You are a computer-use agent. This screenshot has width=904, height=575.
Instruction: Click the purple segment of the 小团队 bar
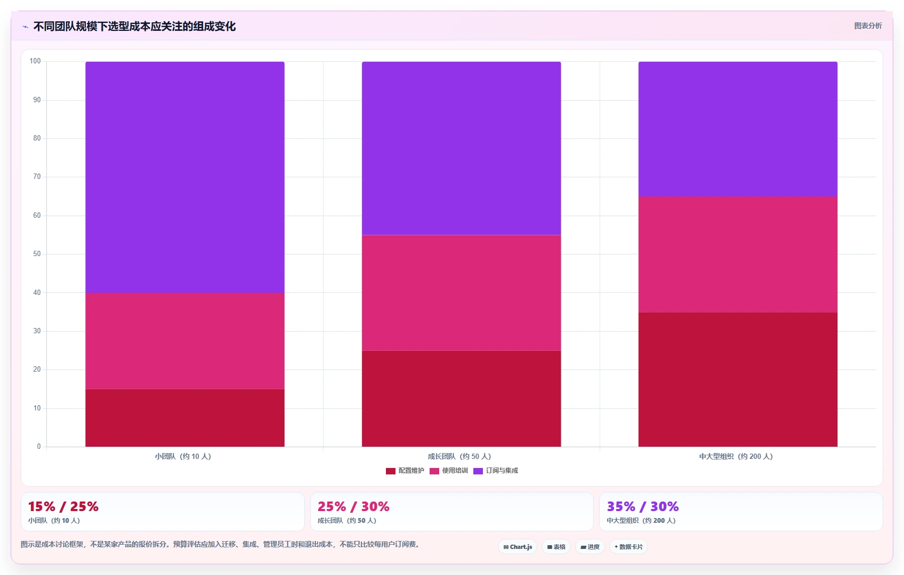[x=185, y=177]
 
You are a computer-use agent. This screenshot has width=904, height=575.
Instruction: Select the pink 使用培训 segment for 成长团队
[x=461, y=293]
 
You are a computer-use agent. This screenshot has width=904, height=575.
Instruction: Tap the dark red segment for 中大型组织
[x=738, y=380]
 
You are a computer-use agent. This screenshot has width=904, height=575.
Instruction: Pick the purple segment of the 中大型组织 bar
[x=738, y=129]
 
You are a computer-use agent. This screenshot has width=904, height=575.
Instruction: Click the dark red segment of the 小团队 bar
[x=185, y=418]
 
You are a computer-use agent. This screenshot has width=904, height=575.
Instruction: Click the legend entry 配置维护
[x=405, y=471]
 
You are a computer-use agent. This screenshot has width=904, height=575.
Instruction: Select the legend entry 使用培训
[x=449, y=471]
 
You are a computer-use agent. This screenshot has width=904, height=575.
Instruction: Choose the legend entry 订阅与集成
[x=496, y=471]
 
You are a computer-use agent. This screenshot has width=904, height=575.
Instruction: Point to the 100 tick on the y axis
[x=35, y=61]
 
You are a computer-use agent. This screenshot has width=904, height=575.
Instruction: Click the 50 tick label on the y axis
[x=37, y=253]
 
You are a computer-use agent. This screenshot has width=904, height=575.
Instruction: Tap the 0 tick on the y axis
[x=39, y=446]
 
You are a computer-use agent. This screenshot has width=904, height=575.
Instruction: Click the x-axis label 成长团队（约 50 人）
[x=459, y=456]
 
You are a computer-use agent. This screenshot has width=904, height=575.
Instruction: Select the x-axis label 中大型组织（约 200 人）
[x=736, y=456]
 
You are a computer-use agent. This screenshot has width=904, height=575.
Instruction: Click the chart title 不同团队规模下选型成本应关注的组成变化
[x=134, y=27]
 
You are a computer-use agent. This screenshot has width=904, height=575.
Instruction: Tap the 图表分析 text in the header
[x=868, y=26]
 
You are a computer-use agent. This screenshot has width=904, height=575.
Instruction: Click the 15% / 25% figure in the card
[x=63, y=506]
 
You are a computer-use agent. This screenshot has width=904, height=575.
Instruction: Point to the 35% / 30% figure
[x=642, y=506]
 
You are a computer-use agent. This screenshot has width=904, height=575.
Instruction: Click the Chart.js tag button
[x=518, y=547]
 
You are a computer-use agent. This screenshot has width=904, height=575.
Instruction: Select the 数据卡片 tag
[x=628, y=547]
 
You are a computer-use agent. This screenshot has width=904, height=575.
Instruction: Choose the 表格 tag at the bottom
[x=556, y=547]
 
